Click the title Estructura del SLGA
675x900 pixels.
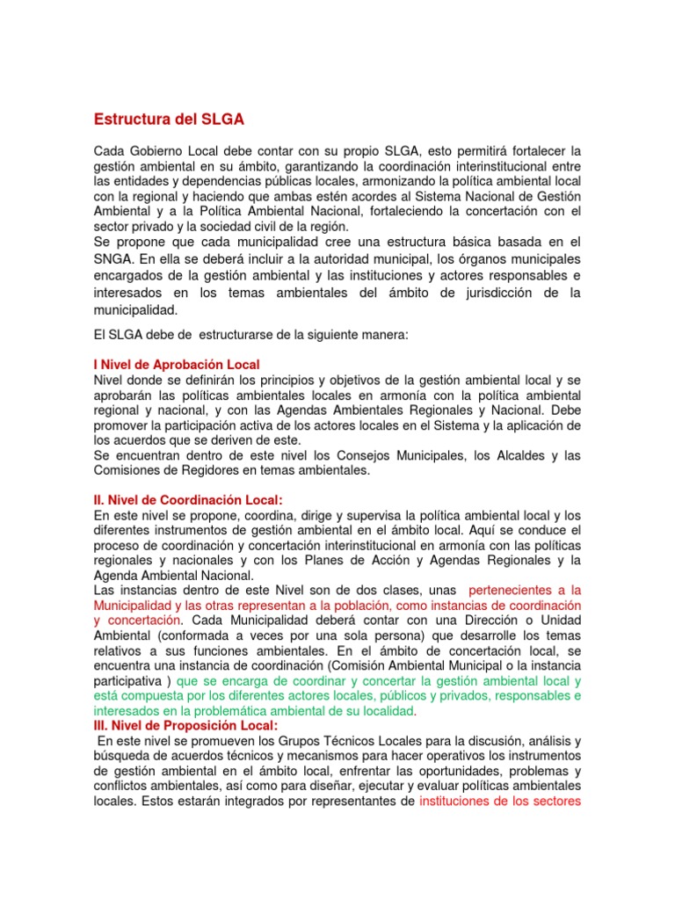168,119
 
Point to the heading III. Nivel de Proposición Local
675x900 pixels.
185,725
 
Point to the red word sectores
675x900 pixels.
556,802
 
